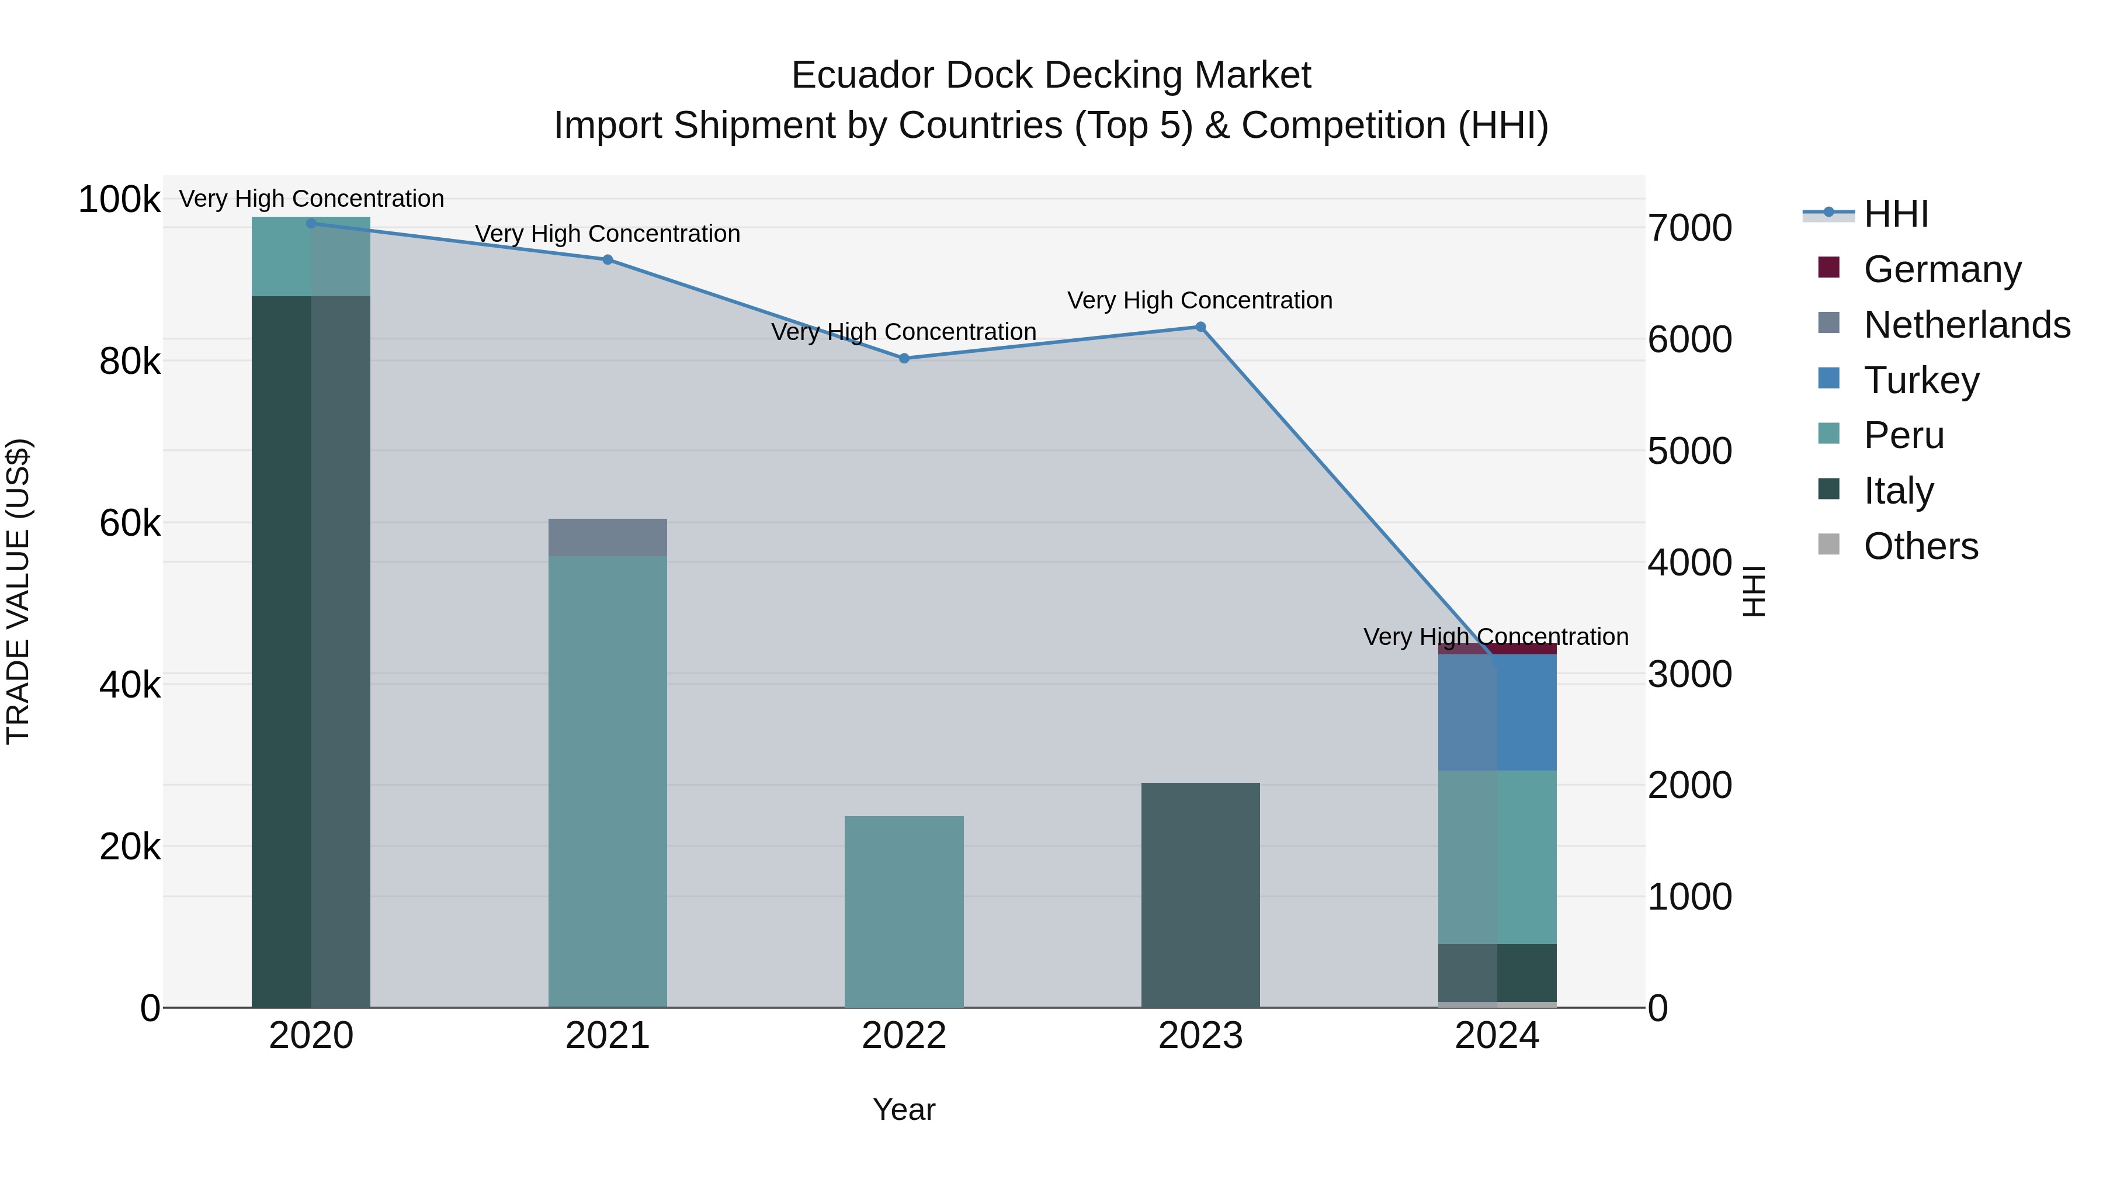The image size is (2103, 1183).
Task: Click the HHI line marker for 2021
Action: pos(608,259)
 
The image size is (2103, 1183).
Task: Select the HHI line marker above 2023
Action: pos(1200,327)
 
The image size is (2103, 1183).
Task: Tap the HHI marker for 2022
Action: pos(904,359)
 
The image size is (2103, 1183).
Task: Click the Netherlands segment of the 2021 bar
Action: pos(608,537)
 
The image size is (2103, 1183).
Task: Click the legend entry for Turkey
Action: pos(1921,380)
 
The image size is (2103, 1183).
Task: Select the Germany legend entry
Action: pos(1941,269)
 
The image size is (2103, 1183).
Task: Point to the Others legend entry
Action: pos(1920,546)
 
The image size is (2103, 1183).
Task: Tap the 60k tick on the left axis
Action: pos(130,523)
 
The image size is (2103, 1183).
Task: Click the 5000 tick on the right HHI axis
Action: pos(1689,452)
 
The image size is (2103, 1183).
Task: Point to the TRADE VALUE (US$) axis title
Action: pos(18,591)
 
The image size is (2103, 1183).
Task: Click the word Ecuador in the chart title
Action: pos(862,76)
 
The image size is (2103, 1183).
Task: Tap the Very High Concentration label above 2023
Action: pos(1199,300)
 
